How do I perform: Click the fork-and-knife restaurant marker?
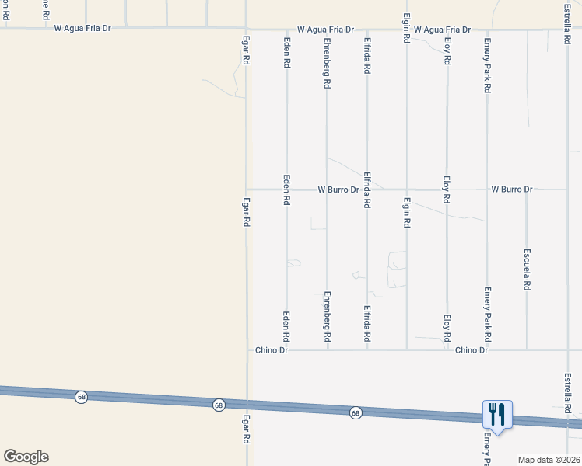497,415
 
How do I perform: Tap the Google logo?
26,457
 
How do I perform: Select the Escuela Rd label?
527,270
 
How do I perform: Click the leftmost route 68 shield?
81,397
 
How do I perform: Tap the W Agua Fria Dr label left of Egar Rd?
82,28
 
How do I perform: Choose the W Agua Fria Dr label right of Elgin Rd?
442,30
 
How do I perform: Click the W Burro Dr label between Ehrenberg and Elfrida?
338,190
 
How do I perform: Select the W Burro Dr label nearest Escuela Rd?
511,190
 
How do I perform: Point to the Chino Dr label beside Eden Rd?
272,350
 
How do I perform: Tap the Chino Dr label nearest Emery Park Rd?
471,350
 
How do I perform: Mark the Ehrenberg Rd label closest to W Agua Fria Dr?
328,61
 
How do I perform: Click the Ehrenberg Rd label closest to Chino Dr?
328,317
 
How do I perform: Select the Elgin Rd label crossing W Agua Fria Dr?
407,27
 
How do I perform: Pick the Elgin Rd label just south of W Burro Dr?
407,212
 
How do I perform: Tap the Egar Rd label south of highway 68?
246,428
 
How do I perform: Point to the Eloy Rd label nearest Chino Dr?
447,329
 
